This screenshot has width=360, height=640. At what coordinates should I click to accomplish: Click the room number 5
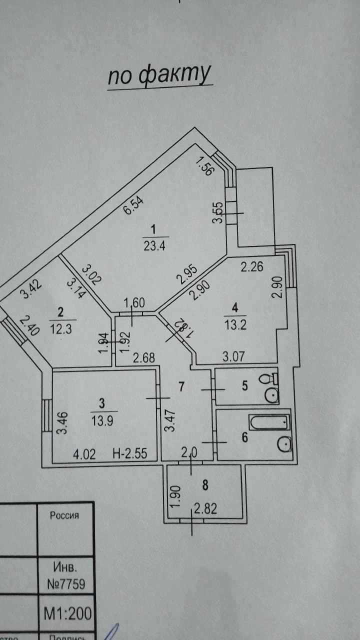(245, 386)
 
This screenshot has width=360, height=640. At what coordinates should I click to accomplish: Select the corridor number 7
(182, 386)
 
